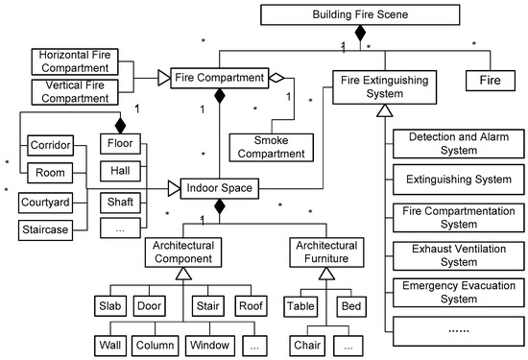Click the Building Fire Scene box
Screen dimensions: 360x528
[360, 15]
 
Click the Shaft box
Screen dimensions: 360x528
[121, 203]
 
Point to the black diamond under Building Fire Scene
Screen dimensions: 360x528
[360, 36]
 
